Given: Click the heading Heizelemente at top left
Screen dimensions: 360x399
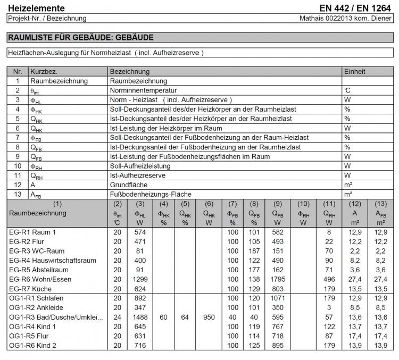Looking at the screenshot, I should [x=36, y=8].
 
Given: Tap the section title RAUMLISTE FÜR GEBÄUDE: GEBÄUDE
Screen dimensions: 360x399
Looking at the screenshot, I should [x=80, y=38].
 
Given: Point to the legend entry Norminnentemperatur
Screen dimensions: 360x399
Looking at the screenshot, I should [x=143, y=91].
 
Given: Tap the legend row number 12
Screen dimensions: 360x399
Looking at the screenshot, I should [x=18, y=185].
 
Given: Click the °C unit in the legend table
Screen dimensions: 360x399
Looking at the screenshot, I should [x=347, y=91].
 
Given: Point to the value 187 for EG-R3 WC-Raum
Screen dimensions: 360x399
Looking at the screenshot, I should [x=254, y=250].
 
